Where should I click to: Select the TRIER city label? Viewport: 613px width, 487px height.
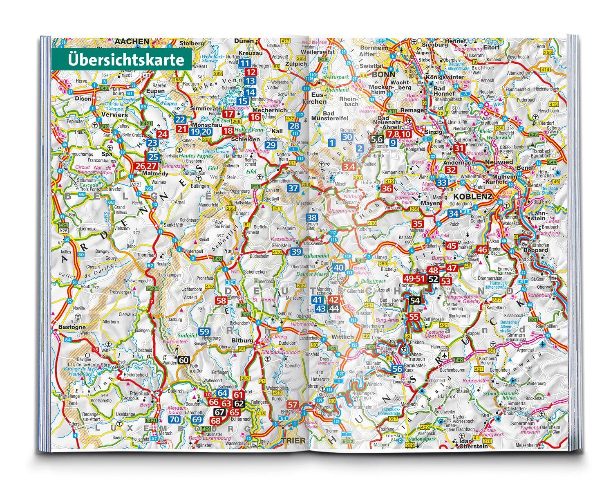[x=293, y=441]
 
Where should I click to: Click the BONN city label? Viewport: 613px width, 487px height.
[x=383, y=75]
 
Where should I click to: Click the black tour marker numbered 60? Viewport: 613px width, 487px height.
[x=183, y=360]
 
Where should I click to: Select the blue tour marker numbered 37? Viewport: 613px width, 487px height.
[x=293, y=189]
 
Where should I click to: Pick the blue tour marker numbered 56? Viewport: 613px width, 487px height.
[x=397, y=368]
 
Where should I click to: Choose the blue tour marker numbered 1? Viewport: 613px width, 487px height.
[x=332, y=142]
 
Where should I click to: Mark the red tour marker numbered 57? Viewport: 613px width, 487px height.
[x=293, y=405]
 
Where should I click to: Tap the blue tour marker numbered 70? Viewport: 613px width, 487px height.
[x=175, y=420]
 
